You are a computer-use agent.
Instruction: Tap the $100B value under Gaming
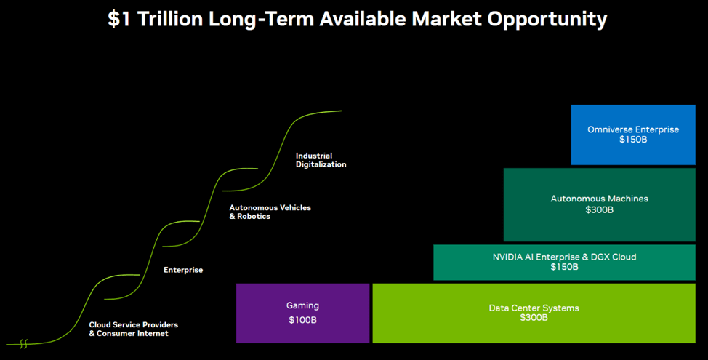coord(302,320)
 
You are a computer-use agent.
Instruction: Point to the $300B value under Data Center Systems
coord(534,318)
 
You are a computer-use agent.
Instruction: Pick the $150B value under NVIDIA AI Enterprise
coord(564,267)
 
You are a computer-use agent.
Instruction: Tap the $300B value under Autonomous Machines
coord(599,209)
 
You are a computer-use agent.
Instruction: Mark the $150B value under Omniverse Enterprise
coord(632,140)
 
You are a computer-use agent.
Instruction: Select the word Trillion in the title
coord(170,20)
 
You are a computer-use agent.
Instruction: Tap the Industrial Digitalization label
coord(321,160)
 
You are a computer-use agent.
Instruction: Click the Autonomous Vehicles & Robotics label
coord(270,212)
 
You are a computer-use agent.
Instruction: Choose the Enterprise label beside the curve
coord(183,270)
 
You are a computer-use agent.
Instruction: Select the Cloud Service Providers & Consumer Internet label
coord(133,329)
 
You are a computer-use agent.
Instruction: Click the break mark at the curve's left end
coord(23,343)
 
